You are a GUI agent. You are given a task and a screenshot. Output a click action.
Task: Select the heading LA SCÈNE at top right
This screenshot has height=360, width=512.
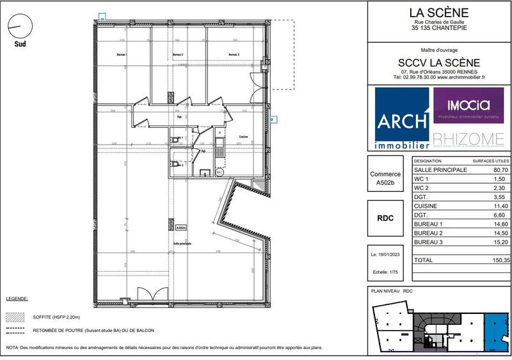pos(439,12)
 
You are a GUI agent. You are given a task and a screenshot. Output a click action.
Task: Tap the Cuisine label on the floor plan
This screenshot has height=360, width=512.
pos(243,137)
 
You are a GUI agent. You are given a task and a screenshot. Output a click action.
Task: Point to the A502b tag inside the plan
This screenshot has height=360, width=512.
pos(180,227)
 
